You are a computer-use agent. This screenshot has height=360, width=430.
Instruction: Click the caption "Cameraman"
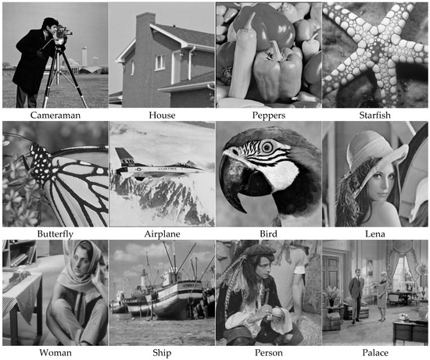tap(56, 115)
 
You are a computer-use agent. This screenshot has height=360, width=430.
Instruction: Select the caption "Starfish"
tap(374, 115)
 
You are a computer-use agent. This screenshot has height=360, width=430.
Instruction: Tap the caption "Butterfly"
tap(56, 234)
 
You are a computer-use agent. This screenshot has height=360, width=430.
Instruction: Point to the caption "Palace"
tap(374, 353)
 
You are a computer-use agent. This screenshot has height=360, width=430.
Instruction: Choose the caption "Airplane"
tap(162, 234)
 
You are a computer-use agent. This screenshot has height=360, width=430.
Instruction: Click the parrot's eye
tap(267, 147)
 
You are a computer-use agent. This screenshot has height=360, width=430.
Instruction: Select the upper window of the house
tap(159, 62)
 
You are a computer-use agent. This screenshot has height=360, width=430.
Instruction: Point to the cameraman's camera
tap(64, 31)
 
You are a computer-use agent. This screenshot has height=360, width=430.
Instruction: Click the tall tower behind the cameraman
tap(84, 56)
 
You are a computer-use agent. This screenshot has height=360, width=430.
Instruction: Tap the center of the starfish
tap(378, 52)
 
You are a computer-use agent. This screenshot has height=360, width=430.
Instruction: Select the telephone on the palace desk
tap(403, 317)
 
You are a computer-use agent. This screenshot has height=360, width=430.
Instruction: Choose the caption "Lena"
tap(374, 234)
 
